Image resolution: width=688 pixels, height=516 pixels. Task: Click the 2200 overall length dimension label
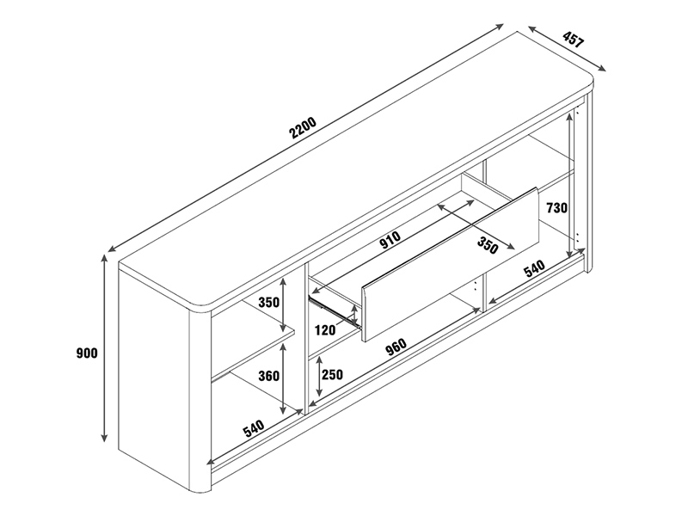tap(303, 127)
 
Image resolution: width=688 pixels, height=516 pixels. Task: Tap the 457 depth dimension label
tap(573, 39)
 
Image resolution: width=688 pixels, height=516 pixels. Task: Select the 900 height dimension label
tap(87, 353)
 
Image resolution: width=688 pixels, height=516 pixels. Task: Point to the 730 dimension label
tap(556, 207)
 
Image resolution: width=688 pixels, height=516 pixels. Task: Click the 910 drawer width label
tap(390, 240)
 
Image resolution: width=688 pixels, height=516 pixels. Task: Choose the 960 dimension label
tap(396, 347)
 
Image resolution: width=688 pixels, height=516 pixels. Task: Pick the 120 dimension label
tap(325, 330)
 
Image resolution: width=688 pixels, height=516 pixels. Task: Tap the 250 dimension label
tap(332, 375)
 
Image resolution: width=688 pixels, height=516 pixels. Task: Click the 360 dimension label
tap(268, 376)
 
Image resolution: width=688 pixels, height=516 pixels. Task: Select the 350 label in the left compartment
tap(268, 303)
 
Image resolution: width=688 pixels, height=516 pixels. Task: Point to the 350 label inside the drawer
tap(488, 245)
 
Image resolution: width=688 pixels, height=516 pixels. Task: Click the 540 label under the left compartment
tap(254, 428)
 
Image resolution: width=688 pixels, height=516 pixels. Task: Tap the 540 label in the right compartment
tap(534, 268)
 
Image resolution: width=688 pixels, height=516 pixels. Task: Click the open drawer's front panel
tap(450, 265)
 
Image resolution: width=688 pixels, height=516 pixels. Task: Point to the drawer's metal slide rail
tap(335, 311)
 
